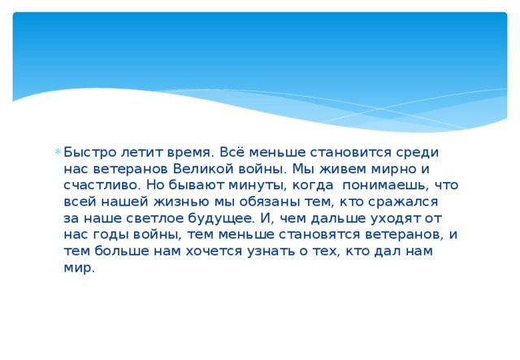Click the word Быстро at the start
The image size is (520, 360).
click(x=86, y=152)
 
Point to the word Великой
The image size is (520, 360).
click(x=199, y=168)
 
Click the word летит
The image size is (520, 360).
click(x=134, y=152)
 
